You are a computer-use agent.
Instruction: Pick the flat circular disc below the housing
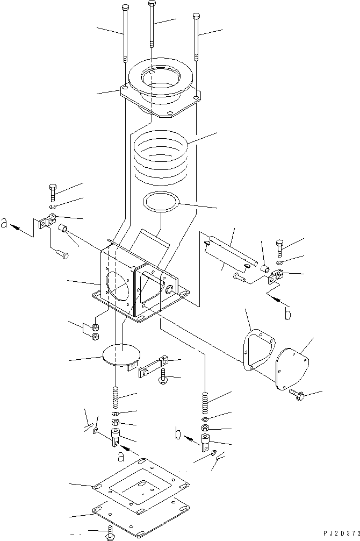[121, 355]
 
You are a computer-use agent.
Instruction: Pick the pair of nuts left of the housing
[95, 332]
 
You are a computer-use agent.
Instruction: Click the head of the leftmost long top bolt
[125, 8]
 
